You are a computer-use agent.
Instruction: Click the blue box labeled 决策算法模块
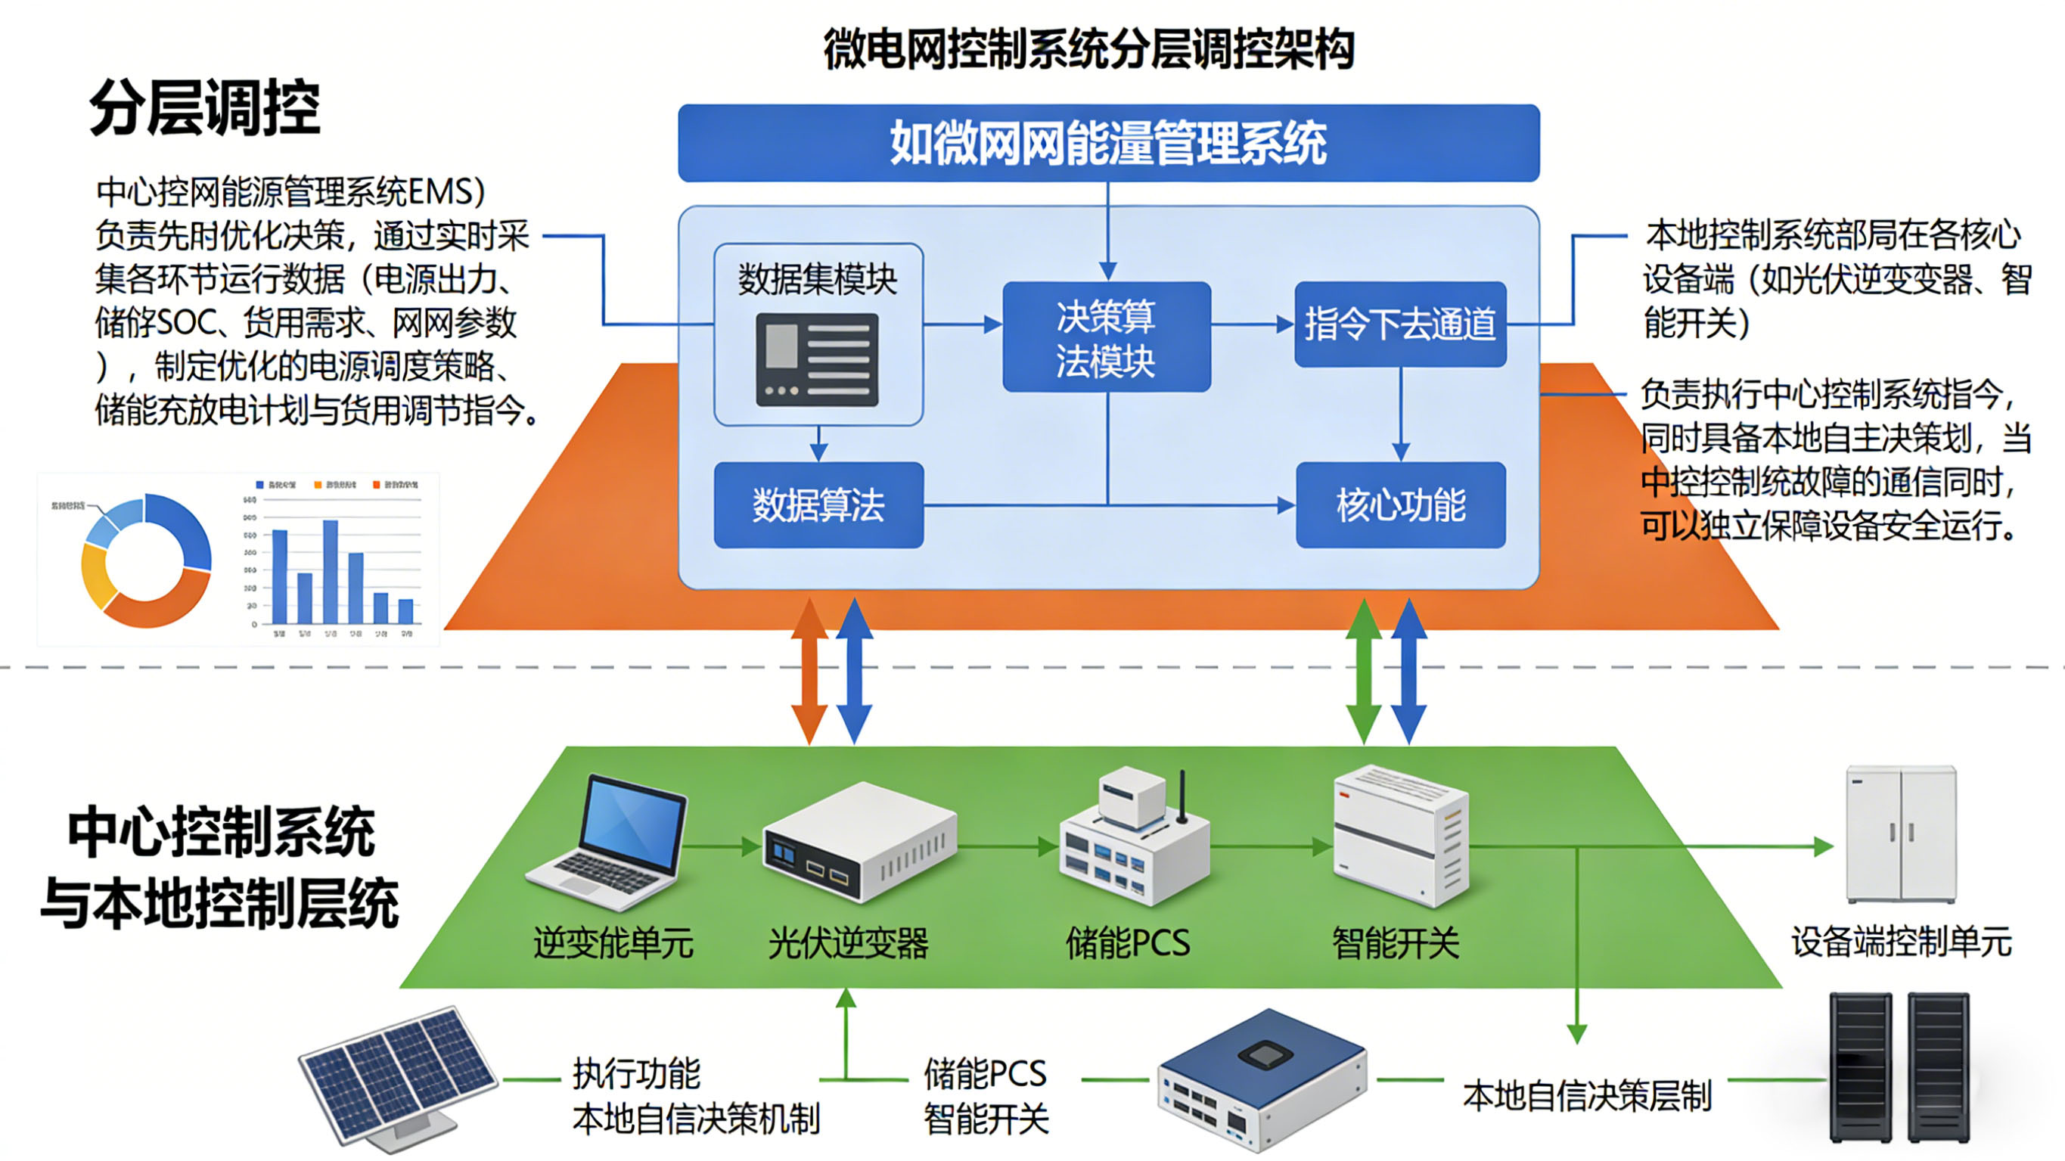point(1106,337)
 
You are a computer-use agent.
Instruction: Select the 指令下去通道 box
point(1399,324)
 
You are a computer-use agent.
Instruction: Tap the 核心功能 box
point(1399,505)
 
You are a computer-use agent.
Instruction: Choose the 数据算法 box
point(818,505)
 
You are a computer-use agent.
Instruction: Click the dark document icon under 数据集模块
point(817,359)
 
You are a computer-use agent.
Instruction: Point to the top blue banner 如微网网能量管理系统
point(1108,143)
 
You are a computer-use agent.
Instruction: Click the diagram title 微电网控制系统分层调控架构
point(1088,48)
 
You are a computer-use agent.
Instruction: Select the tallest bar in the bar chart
point(331,571)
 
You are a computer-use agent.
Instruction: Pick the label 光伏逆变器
point(847,943)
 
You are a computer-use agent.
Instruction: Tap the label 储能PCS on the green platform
point(1127,943)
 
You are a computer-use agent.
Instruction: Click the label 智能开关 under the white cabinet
point(1395,943)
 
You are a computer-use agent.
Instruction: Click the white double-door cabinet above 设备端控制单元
point(1901,833)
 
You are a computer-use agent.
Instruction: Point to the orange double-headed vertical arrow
point(809,672)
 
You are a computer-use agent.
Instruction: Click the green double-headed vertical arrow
point(1363,672)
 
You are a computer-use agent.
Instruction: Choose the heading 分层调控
point(204,107)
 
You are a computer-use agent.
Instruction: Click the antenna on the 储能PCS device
point(1182,797)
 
